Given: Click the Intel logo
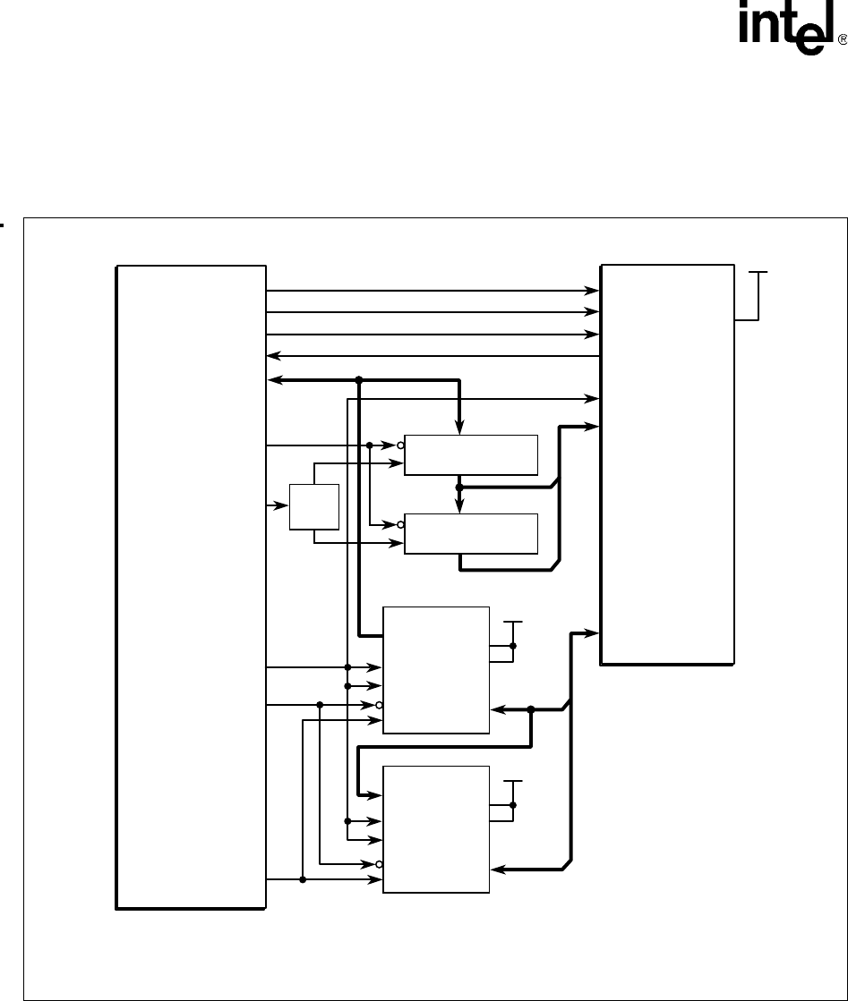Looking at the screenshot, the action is pos(787,28).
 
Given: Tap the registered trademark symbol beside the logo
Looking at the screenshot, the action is pos(843,40).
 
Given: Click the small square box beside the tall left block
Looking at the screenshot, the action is pos(313,507).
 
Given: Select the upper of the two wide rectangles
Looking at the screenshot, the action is pos(471,455).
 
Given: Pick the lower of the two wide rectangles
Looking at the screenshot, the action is pos(471,534).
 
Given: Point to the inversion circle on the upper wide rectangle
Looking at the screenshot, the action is pos(400,445).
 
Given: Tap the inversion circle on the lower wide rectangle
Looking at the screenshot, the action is pos(400,525).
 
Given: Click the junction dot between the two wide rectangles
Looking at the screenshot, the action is pos(458,488).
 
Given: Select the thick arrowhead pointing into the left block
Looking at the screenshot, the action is pos(276,380).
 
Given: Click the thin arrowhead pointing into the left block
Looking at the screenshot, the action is pos(273,356).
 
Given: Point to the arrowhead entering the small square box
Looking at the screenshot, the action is pos(281,505).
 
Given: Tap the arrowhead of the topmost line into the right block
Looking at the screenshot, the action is pos(593,291).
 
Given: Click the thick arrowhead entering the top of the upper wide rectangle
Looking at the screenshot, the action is pos(458,427).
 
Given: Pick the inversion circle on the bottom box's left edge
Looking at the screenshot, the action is pos(379,864).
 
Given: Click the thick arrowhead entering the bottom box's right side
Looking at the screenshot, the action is pos(499,870).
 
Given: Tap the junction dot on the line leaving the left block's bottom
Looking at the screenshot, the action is pos(303,879).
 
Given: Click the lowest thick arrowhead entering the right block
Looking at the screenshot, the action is pos(592,633).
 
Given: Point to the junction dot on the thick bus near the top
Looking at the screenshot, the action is pos(358,380).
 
